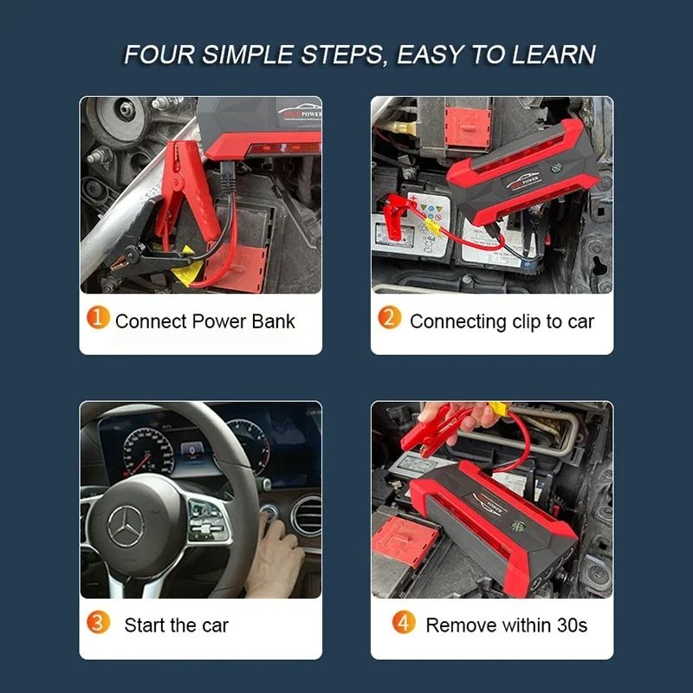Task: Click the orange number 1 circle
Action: tap(99, 319)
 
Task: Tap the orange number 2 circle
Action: tap(391, 319)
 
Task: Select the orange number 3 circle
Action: tap(99, 623)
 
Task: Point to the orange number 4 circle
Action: tap(404, 623)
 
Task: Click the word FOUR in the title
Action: tap(160, 55)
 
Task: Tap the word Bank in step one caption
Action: tap(273, 321)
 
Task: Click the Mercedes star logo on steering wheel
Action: tap(126, 526)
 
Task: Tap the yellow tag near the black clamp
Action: tap(184, 276)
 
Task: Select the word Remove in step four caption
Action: tap(460, 625)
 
